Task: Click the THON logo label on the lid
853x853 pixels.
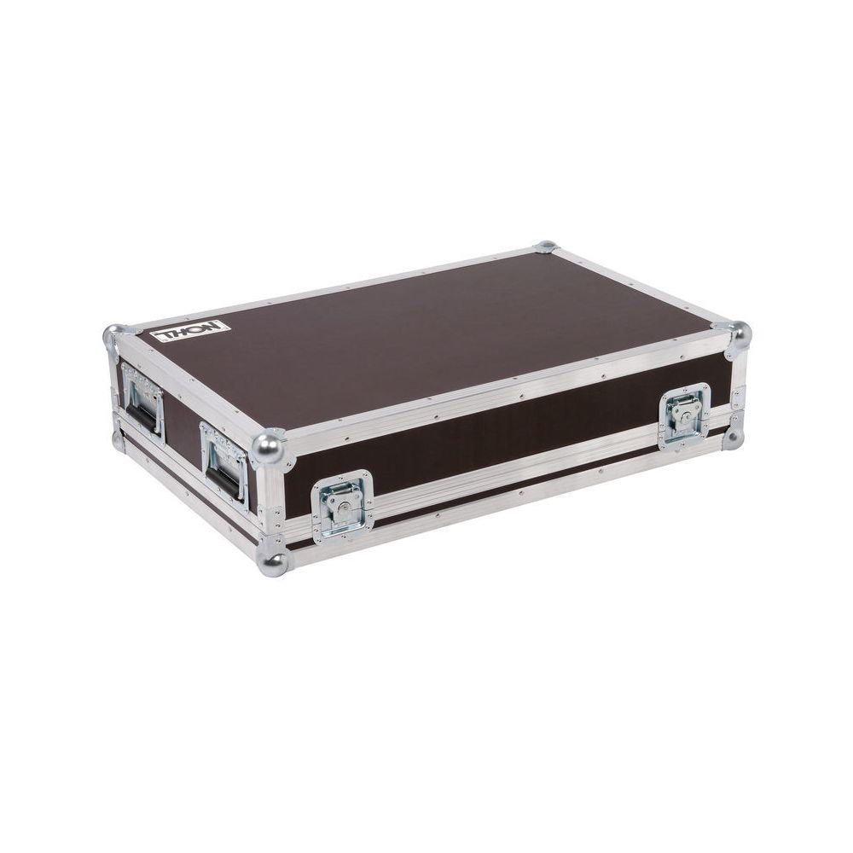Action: pos(191,332)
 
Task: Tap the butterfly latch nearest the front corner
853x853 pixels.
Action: pos(342,507)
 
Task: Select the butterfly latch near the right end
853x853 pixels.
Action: pos(685,417)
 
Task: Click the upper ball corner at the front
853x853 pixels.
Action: pos(268,448)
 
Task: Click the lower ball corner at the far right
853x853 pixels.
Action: pos(734,438)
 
